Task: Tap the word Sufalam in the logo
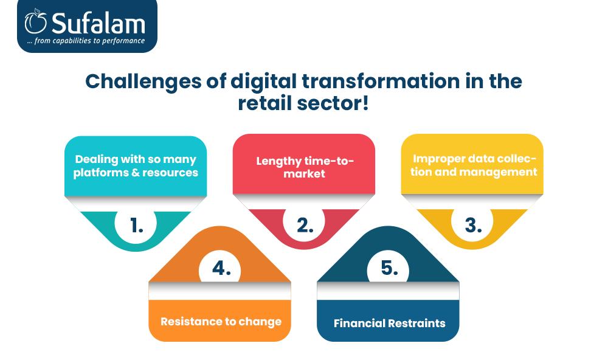(x=98, y=23)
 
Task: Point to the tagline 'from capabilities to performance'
(x=89, y=41)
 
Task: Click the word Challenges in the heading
(x=143, y=82)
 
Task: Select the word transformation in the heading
(x=381, y=81)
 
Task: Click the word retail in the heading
(x=265, y=103)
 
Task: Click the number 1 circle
(x=136, y=224)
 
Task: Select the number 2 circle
(x=304, y=224)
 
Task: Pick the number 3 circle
(x=472, y=224)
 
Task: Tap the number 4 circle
(x=220, y=269)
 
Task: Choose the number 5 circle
(x=388, y=268)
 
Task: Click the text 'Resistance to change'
(x=221, y=322)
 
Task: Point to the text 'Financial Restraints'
(x=390, y=323)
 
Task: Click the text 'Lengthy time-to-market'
(x=305, y=167)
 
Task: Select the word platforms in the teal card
(x=101, y=173)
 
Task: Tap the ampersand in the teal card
(x=136, y=173)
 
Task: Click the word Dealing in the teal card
(x=97, y=159)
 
